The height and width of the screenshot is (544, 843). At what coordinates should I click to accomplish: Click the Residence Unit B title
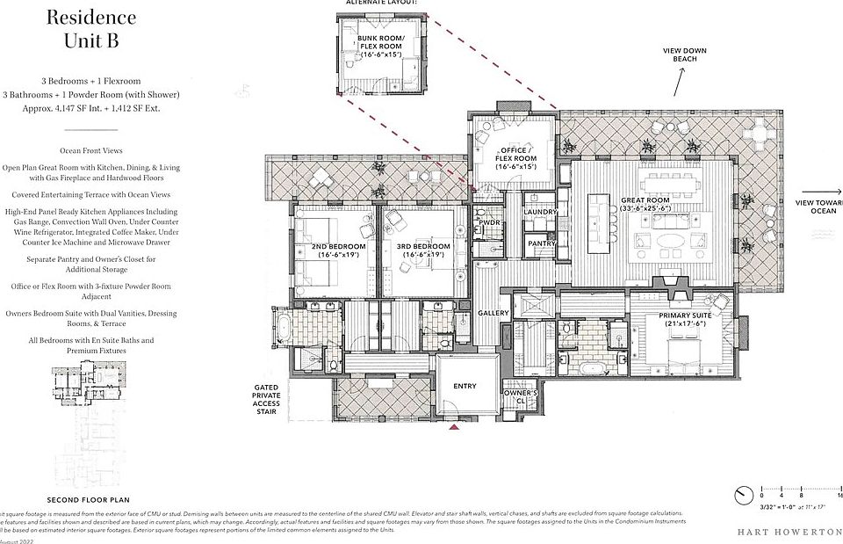point(90,28)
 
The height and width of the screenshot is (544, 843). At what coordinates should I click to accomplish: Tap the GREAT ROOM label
point(670,205)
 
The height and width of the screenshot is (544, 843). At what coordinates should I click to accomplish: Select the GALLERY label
point(494,313)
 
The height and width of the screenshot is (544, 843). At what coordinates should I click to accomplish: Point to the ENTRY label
point(465,385)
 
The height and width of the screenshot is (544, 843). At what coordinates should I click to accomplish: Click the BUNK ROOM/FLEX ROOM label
point(382,46)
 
